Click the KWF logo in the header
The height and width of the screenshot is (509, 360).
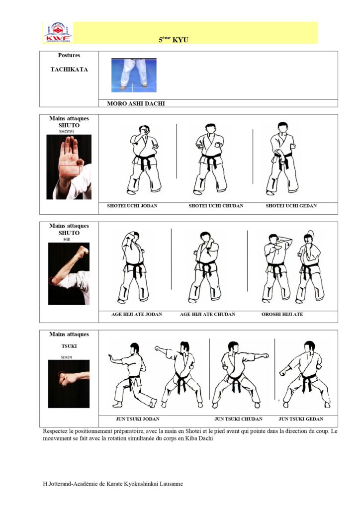[58, 32]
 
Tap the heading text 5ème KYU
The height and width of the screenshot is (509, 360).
[174, 40]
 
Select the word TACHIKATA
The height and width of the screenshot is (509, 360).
[69, 70]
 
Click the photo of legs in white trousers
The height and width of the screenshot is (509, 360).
[134, 75]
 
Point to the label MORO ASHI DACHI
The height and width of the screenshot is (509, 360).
[136, 103]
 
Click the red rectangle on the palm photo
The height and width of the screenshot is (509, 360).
[70, 170]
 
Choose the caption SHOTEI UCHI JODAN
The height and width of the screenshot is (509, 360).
[132, 206]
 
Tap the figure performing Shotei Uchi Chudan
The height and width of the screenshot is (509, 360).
[210, 159]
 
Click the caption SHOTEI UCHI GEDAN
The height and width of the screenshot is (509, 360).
[291, 206]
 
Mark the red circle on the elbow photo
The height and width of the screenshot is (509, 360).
[53, 280]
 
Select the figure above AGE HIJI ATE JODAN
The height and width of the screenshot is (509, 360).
[133, 267]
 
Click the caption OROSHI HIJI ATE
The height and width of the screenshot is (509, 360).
[282, 314]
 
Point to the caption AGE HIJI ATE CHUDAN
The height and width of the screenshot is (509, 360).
[207, 314]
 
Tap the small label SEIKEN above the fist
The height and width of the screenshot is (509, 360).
[66, 357]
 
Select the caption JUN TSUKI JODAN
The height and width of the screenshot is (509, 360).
[138, 419]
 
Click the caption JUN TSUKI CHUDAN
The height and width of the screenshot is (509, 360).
[238, 419]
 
